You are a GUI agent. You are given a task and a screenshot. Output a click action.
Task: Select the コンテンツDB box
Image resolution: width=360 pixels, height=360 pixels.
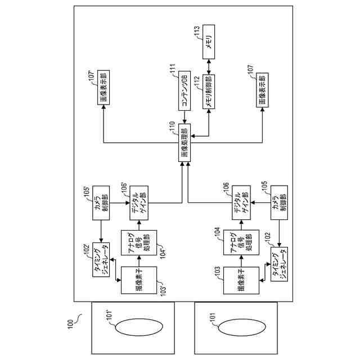[x=185, y=91]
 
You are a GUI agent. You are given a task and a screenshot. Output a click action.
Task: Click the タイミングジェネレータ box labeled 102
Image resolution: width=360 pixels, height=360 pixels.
[x=280, y=262]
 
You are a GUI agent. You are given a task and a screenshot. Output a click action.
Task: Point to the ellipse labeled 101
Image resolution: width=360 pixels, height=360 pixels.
[x=235, y=328]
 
